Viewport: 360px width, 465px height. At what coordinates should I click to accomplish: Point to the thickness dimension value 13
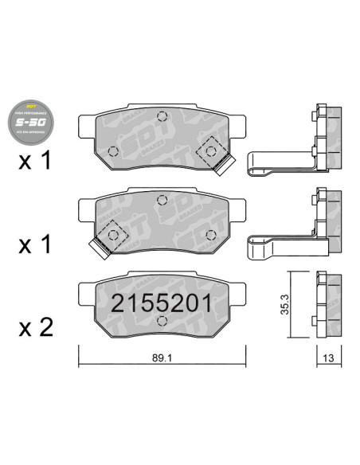click(x=328, y=358)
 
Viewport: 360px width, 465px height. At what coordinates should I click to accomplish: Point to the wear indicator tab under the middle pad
click(x=99, y=249)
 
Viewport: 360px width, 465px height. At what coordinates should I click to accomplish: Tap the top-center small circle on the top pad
click(x=162, y=116)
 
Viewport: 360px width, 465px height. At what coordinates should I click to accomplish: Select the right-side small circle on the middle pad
click(x=211, y=234)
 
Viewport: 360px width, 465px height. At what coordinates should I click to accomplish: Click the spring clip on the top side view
click(x=279, y=162)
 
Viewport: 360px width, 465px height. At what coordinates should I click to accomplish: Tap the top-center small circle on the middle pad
click(x=162, y=201)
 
